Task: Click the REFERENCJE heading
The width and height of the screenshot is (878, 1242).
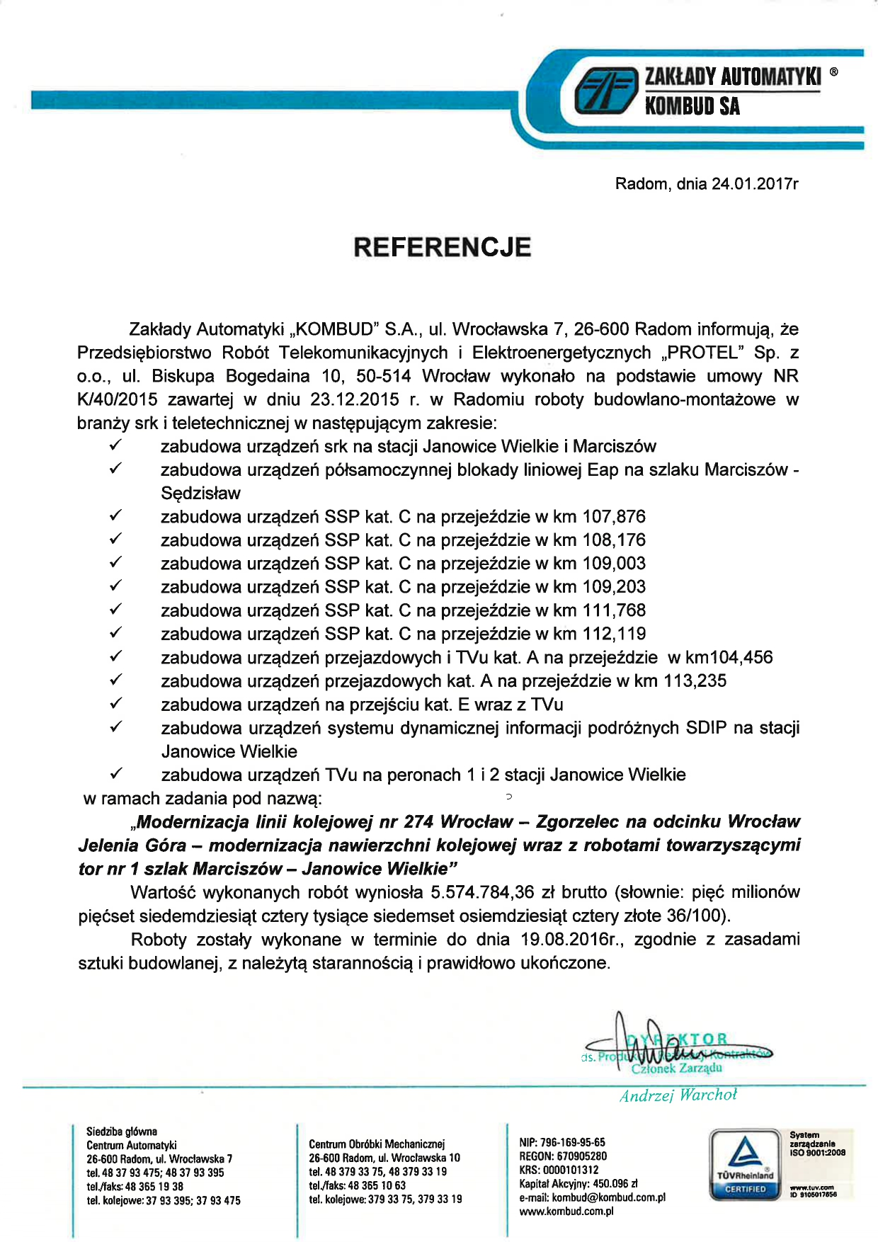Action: [x=442, y=247]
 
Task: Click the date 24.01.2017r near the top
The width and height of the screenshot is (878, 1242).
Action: [x=755, y=184]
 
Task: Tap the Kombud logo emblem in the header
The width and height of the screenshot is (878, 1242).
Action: [x=604, y=91]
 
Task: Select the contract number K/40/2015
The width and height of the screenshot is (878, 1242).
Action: [x=118, y=399]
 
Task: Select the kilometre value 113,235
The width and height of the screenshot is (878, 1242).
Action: [x=695, y=680]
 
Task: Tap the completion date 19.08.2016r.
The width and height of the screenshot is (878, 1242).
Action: [x=576, y=939]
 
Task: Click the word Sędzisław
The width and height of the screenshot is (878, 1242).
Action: [x=200, y=494]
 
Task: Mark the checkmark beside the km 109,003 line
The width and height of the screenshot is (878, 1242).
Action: [x=117, y=563]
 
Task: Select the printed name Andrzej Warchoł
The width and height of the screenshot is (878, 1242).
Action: [x=678, y=1095]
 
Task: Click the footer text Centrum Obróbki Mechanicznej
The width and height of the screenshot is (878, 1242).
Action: [x=376, y=1144]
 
